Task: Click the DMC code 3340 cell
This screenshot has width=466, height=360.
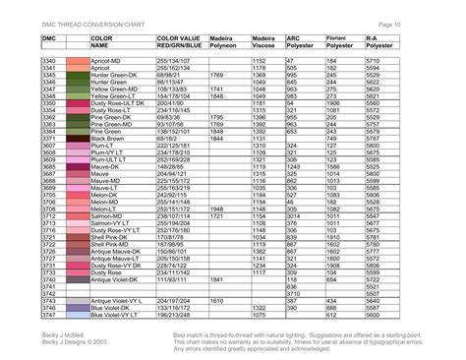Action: [x=48, y=61]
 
